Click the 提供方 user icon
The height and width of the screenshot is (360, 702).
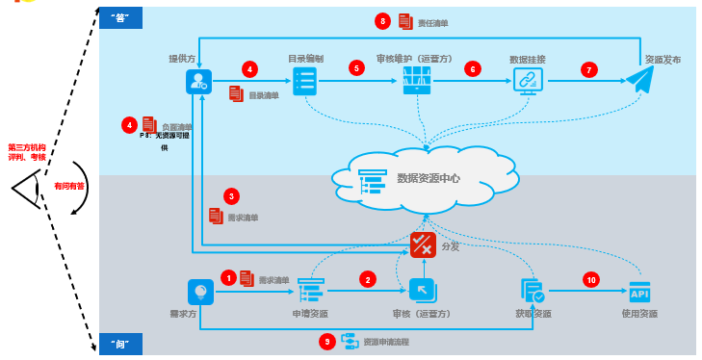point(198,83)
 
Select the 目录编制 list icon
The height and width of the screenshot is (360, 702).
point(305,82)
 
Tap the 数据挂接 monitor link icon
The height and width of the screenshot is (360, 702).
point(528,82)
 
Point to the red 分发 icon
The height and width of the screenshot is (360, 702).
point(423,244)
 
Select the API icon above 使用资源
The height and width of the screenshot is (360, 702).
point(639,291)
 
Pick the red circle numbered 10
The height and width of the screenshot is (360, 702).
point(591,279)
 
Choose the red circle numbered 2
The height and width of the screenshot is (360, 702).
point(367,279)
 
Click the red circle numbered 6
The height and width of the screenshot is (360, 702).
point(472,69)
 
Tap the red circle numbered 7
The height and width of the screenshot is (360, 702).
point(588,69)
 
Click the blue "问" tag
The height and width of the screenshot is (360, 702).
point(120,343)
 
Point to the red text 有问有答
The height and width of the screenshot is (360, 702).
point(68,186)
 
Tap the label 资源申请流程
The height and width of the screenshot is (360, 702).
point(386,342)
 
